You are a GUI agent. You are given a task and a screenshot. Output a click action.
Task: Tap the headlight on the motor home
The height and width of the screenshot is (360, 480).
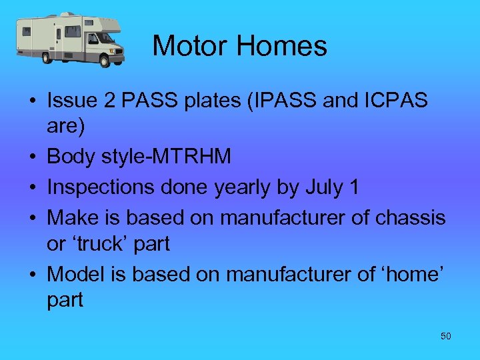(x=120, y=49)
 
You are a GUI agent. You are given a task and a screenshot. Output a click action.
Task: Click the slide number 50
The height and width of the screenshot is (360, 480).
(x=446, y=336)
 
